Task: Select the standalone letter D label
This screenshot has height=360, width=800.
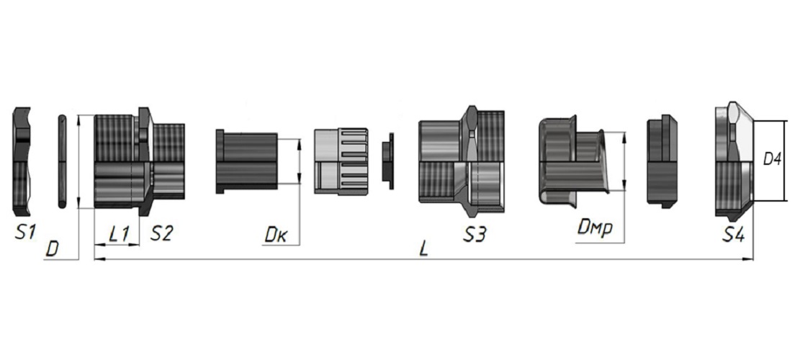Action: click(52, 249)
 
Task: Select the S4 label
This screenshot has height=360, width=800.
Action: click(734, 233)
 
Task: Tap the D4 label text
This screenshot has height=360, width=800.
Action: click(773, 160)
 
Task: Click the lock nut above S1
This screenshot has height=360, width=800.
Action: click(23, 162)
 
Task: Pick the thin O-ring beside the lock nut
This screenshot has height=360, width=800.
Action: click(61, 162)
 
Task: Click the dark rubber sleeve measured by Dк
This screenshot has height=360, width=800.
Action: click(246, 162)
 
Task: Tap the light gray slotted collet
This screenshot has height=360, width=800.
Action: click(341, 162)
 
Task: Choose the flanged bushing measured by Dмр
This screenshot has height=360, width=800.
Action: click(569, 160)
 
